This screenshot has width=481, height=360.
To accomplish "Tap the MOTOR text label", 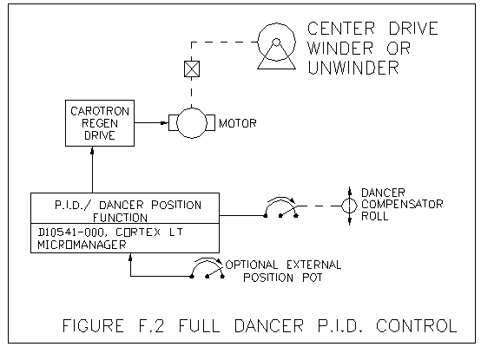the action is (x=237, y=123).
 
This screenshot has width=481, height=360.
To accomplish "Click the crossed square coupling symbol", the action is (x=192, y=69).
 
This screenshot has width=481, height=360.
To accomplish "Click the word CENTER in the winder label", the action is (x=341, y=29).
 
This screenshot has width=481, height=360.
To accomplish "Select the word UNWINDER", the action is (x=353, y=68).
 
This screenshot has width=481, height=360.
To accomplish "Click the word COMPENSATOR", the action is (x=402, y=204).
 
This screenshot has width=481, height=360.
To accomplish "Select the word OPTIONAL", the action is (x=252, y=265).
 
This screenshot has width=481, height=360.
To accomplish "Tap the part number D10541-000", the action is (x=71, y=232).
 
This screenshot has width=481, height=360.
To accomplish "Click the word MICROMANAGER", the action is (x=82, y=245).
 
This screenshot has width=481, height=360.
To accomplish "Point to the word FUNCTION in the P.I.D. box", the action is (x=120, y=218).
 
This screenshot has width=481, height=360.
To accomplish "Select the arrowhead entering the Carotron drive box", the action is (x=92, y=150).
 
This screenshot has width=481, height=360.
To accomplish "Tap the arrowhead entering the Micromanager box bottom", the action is (x=130, y=258).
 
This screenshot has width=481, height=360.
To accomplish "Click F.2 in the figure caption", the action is (x=151, y=325).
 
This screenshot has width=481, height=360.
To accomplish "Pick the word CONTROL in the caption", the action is (x=417, y=325).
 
